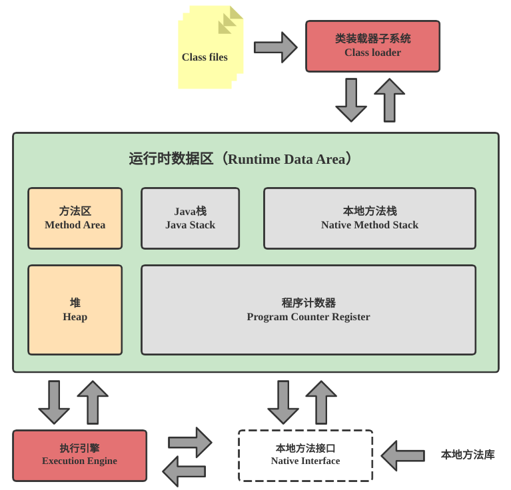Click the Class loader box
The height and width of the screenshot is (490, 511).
[372, 46]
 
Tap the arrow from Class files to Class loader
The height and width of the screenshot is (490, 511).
[275, 47]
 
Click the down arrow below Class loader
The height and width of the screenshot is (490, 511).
[351, 100]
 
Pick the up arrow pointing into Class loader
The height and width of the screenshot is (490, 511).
[390, 100]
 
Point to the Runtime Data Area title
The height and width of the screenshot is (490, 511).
[241, 159]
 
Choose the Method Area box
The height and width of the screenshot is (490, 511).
[75, 218]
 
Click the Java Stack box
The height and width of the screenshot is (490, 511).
[190, 218]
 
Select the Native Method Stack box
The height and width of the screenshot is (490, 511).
[369, 218]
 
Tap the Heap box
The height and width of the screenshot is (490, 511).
[75, 310]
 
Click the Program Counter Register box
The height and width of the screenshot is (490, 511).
[308, 310]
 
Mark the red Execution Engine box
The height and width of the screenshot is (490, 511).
[79, 455]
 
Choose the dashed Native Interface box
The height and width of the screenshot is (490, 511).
[305, 455]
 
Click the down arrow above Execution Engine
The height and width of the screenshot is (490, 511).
[54, 402]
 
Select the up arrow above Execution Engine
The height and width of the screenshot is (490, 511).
[93, 402]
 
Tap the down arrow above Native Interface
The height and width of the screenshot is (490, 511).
[283, 402]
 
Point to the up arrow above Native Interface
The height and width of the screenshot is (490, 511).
[321, 402]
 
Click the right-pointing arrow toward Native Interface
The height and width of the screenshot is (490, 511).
[190, 442]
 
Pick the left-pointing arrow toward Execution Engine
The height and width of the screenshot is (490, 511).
[184, 471]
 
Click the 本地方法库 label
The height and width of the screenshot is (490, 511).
[468, 455]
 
